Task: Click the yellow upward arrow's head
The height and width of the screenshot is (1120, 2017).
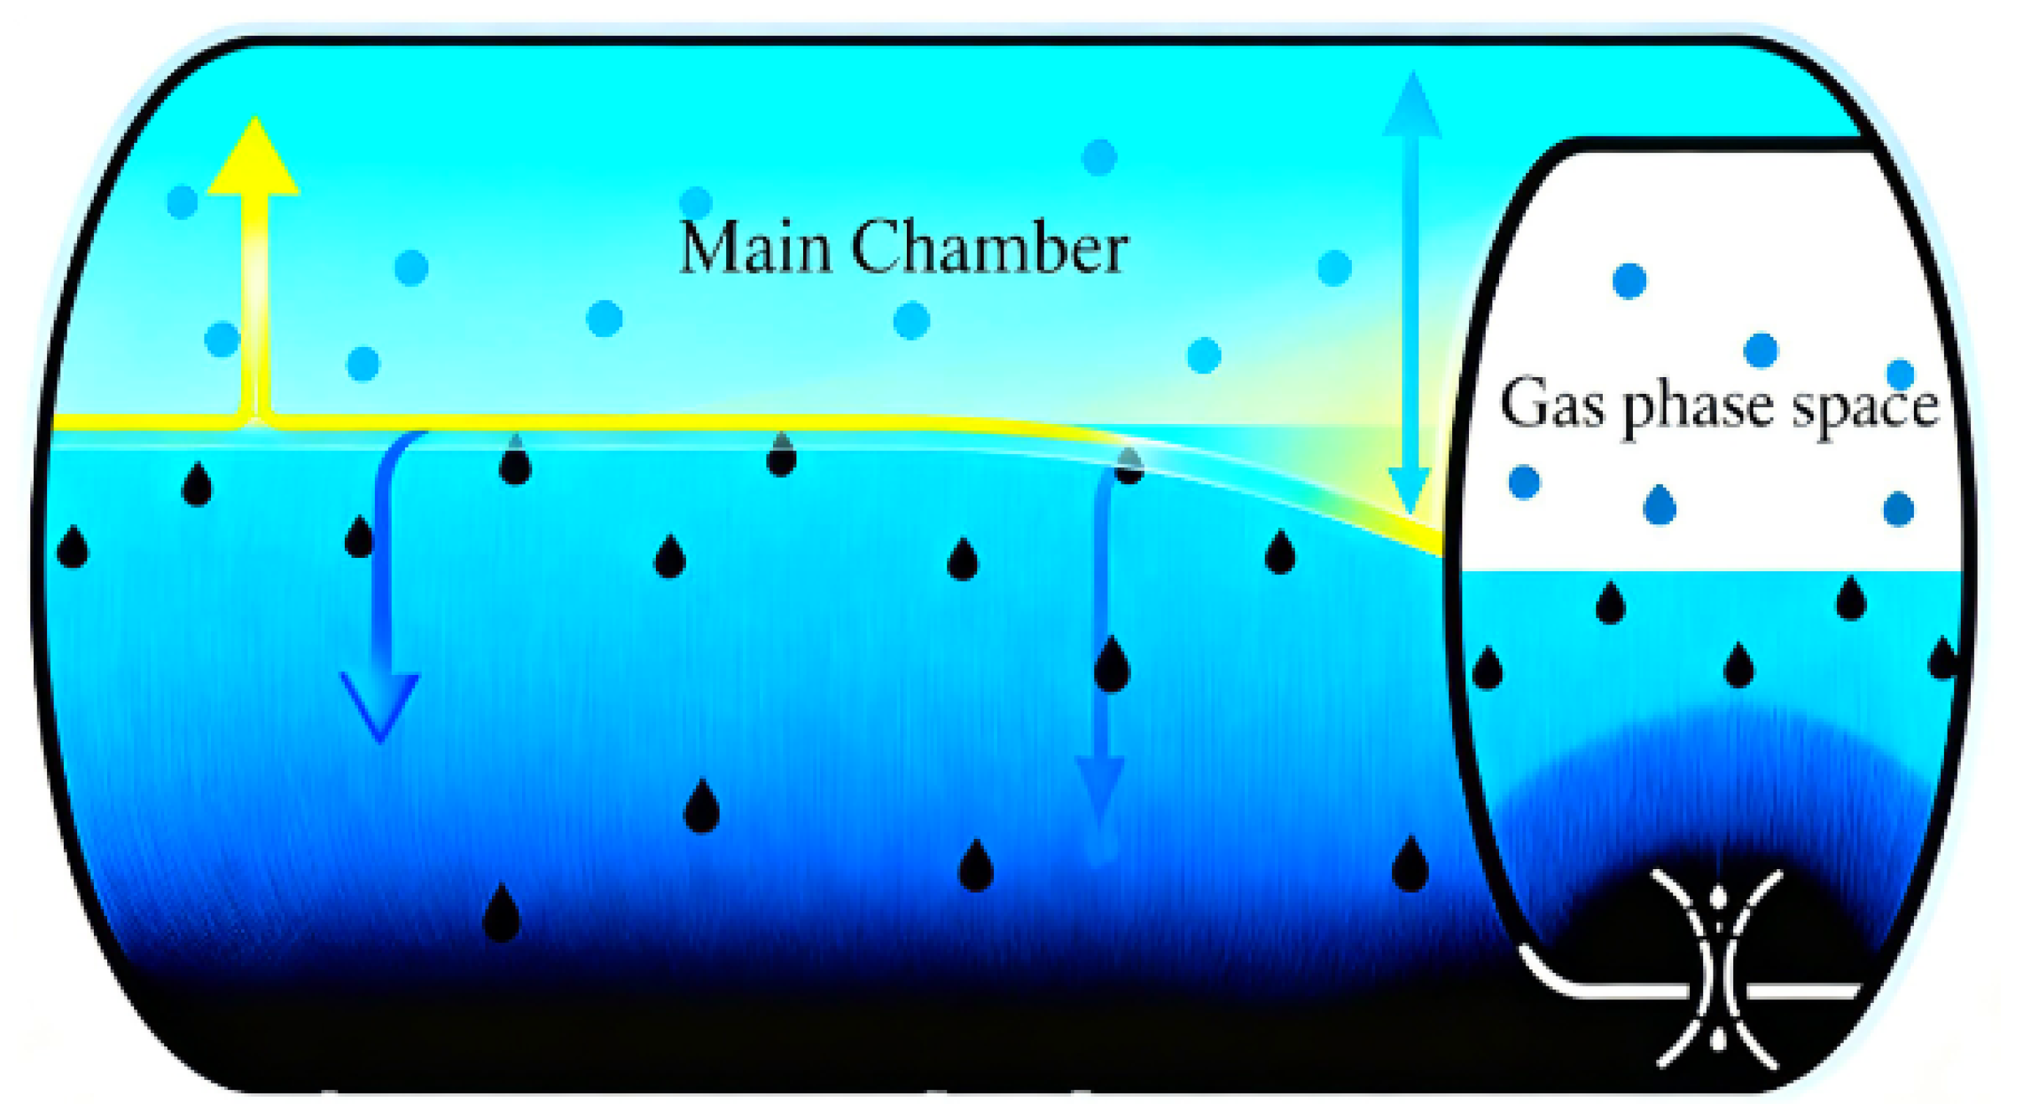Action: tap(254, 156)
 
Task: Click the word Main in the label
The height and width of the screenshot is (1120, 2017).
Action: tap(755, 247)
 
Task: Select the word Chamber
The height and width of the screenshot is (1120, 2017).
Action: tap(990, 247)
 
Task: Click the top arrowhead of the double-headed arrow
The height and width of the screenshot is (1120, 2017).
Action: tap(1411, 105)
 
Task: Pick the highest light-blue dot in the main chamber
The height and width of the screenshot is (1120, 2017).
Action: tap(1100, 156)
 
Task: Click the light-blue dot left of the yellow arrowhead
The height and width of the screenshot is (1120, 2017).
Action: tap(182, 201)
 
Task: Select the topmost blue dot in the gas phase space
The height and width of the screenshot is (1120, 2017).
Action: tap(1629, 280)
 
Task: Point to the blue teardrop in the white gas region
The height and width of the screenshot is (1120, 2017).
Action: tap(1659, 505)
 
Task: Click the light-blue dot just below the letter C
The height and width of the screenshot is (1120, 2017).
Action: tap(911, 320)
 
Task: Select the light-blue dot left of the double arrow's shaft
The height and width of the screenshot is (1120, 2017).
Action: tap(1334, 268)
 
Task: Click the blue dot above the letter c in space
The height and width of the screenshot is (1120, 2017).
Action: tap(1901, 374)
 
